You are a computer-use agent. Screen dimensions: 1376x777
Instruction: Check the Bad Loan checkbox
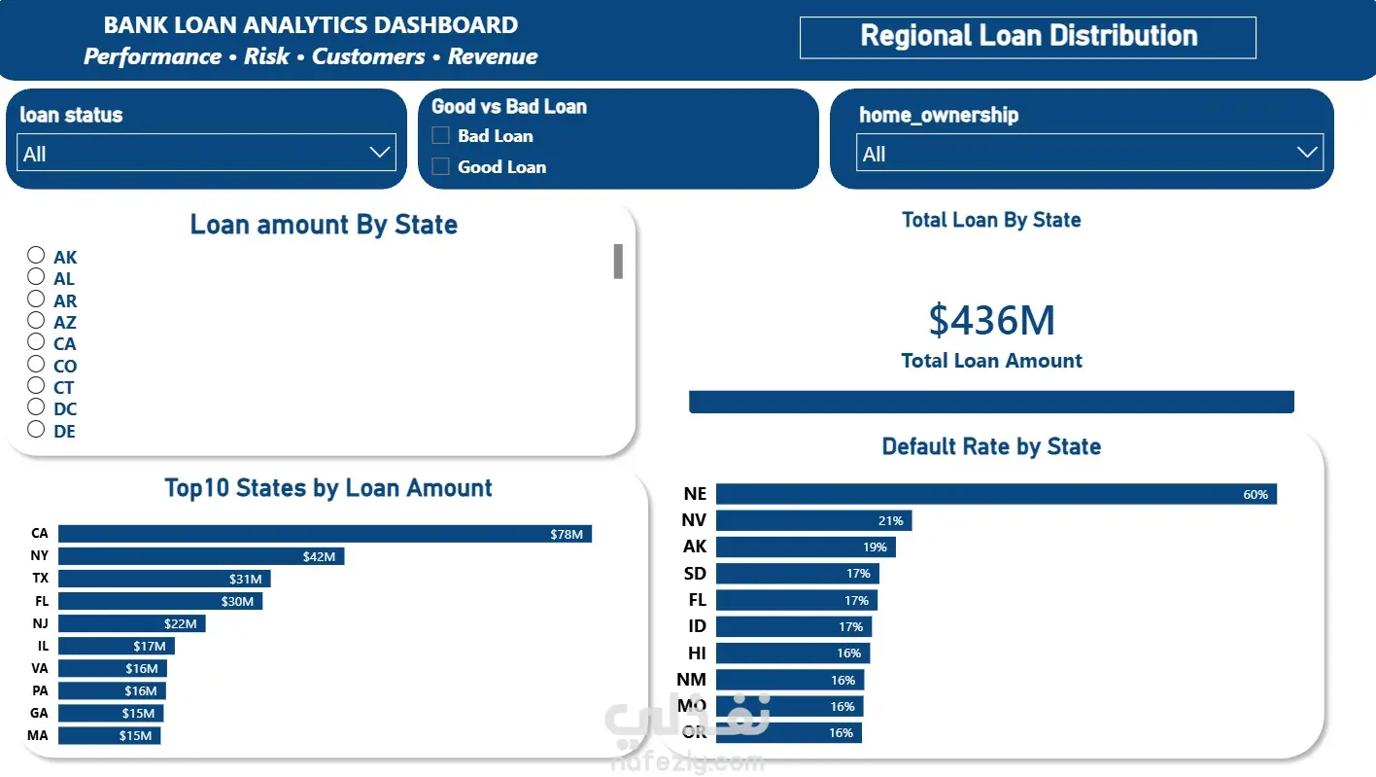click(x=440, y=135)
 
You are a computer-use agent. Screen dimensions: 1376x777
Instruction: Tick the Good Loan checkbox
click(x=440, y=166)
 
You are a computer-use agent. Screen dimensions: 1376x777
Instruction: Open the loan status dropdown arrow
click(x=380, y=152)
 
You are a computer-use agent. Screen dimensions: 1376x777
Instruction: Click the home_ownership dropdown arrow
click(x=1307, y=152)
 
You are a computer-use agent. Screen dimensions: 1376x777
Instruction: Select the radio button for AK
click(x=36, y=255)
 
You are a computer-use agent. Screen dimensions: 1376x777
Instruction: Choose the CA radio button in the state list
click(x=36, y=341)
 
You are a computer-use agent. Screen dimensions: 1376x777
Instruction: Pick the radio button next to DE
click(x=36, y=429)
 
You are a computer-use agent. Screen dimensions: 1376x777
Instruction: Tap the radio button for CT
click(x=36, y=385)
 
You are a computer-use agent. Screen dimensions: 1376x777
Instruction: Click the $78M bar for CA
click(x=325, y=534)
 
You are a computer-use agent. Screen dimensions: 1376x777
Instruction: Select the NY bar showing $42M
click(x=201, y=556)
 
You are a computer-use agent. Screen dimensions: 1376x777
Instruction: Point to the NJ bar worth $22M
click(x=132, y=623)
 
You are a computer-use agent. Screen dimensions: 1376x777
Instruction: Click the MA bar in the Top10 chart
click(x=110, y=735)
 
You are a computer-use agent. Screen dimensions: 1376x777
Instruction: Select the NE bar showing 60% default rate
click(x=996, y=494)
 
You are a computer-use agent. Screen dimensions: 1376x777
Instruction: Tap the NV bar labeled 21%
click(x=814, y=520)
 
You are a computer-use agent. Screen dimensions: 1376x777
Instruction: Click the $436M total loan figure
click(x=991, y=320)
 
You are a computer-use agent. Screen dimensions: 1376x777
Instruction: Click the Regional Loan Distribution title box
click(x=1028, y=38)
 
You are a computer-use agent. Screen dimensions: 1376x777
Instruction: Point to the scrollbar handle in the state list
click(x=618, y=262)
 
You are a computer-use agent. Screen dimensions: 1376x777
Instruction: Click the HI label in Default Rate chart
click(x=697, y=653)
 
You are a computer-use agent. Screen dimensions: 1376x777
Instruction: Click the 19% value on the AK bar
click(x=875, y=547)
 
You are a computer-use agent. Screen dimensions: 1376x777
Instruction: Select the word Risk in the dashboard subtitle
click(x=266, y=56)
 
